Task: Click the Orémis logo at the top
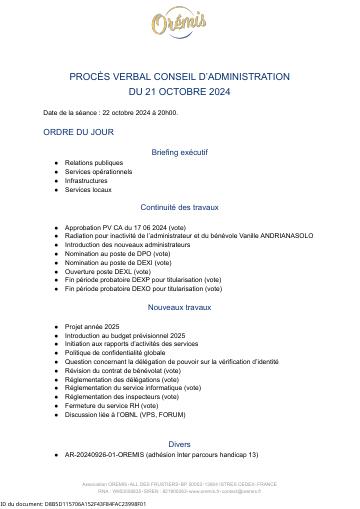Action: pyautogui.click(x=179, y=25)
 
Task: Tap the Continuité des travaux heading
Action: pyautogui.click(x=180, y=207)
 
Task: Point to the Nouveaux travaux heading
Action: pyautogui.click(x=180, y=306)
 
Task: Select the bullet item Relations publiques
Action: pyautogui.click(x=94, y=162)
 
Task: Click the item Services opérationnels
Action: pyautogui.click(x=99, y=171)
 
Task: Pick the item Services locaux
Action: pyautogui.click(x=89, y=189)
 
